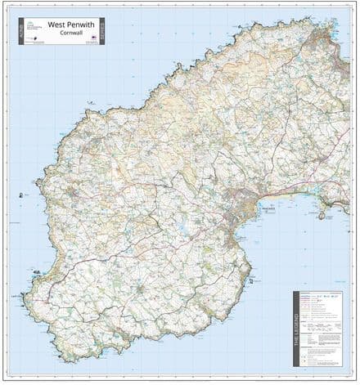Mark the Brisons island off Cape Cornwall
coord(20,195)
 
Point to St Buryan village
coord(143,288)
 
